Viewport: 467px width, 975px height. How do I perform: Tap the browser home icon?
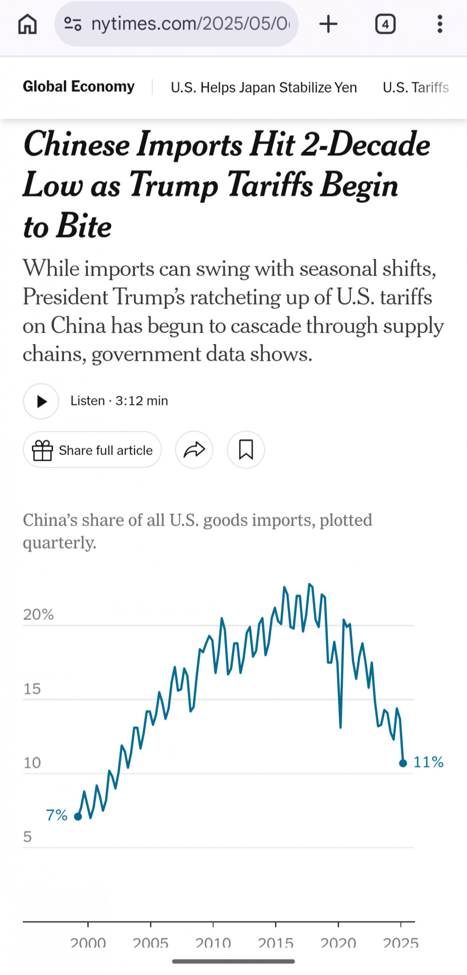pos(27,24)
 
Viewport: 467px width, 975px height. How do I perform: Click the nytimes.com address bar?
pos(177,24)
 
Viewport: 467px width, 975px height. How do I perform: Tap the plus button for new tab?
pos(328,24)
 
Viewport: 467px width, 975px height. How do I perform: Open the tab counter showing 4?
pos(385,24)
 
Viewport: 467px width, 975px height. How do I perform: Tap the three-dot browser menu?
pos(439,24)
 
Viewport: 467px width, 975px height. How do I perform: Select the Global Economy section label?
pos(78,87)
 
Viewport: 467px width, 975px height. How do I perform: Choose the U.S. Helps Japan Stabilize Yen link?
pos(264,87)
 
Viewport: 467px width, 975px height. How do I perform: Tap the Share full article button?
pos(92,450)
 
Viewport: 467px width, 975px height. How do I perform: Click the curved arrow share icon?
pos(194,450)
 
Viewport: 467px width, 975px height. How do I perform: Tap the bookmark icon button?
pos(246,450)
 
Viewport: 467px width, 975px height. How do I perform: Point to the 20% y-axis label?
pos(38,614)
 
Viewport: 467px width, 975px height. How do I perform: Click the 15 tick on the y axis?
pos(32,689)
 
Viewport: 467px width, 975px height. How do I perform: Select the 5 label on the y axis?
pos(28,837)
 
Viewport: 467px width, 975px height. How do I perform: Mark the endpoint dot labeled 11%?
pos(403,763)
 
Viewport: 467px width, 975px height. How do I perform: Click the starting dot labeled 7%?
pos(78,817)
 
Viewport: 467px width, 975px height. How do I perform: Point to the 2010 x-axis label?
pos(213,943)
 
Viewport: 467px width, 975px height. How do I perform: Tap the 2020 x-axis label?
pos(338,943)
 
